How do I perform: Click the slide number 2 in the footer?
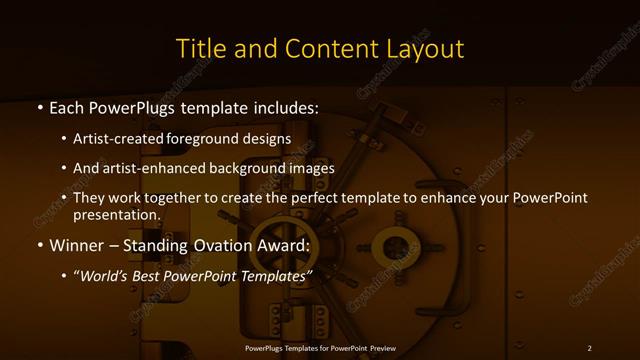click(589, 347)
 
